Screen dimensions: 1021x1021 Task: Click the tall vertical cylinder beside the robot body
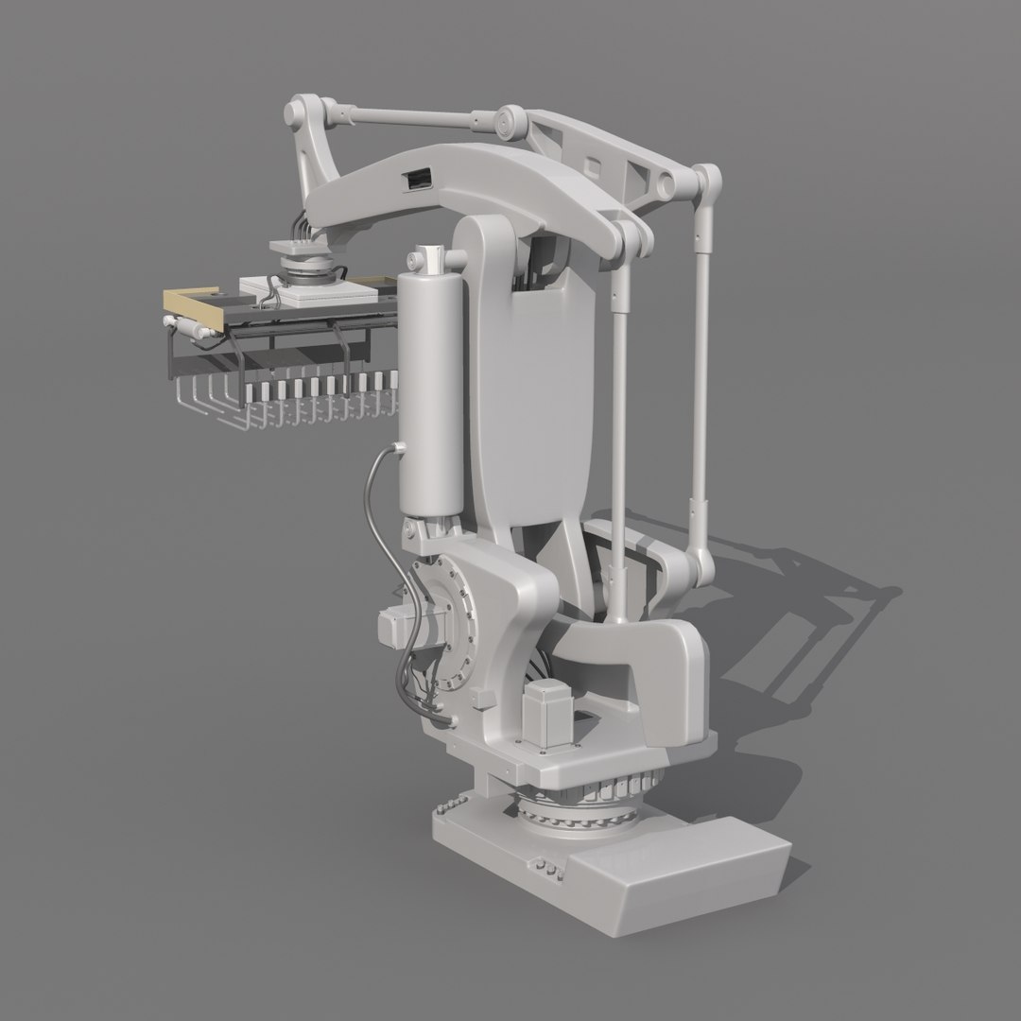(432, 388)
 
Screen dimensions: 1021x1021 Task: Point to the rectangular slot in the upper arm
(417, 176)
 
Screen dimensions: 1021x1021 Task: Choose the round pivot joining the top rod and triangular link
(510, 121)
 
